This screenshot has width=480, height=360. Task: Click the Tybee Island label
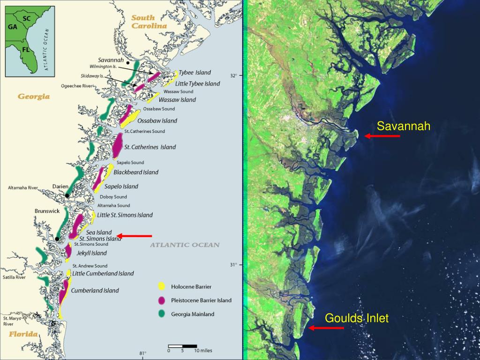195,73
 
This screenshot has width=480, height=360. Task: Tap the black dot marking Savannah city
128,62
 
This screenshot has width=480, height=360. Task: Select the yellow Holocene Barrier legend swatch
161,286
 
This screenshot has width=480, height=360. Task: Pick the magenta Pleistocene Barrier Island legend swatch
161,300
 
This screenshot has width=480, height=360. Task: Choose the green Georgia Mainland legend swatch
161,314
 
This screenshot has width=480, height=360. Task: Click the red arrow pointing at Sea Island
135,236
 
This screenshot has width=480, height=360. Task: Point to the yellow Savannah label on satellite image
404,126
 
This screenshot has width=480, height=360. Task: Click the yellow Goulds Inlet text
357,318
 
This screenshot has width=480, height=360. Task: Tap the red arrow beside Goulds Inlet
326,328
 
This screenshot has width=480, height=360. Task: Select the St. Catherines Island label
150,147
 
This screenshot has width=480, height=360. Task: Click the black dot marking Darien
67,195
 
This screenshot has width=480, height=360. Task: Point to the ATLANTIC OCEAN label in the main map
184,245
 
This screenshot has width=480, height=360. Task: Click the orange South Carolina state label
149,22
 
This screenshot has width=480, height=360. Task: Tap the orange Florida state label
24,334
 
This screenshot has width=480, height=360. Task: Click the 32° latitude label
233,75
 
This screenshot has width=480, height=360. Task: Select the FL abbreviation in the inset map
26,49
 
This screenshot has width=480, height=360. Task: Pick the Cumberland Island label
95,291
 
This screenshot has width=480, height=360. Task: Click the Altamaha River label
22,187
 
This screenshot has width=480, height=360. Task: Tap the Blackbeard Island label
136,172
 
